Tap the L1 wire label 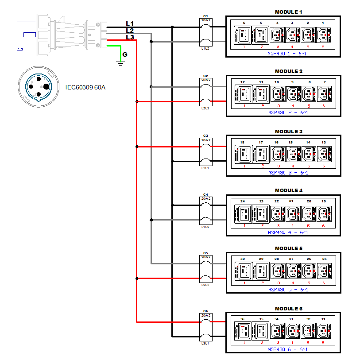[130, 23]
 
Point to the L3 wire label [130, 37]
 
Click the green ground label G [125, 54]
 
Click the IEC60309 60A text [85, 87]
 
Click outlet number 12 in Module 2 [242, 82]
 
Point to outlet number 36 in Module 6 [242, 319]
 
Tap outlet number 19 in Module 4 [324, 201]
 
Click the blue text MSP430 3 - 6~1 [288, 173]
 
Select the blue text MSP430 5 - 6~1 [288, 290]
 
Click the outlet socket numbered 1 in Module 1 [324, 34]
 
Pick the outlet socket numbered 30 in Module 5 [243, 270]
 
